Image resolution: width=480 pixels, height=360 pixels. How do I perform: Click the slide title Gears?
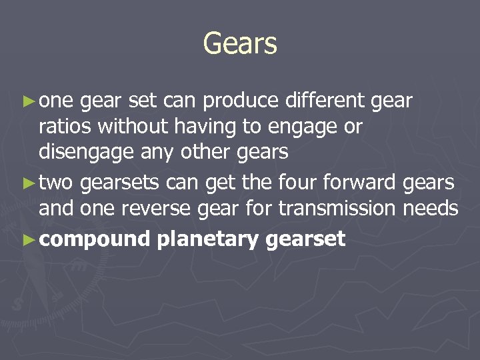coord(240,44)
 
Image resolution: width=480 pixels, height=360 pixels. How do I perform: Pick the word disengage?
coord(84,152)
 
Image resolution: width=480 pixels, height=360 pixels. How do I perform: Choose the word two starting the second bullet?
coord(57,182)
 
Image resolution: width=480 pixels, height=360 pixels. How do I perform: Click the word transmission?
coord(337,209)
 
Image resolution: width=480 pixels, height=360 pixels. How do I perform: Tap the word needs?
coord(431,209)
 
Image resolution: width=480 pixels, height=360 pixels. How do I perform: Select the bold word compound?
coord(95,239)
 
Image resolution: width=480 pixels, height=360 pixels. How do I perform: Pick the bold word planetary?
coord(207,239)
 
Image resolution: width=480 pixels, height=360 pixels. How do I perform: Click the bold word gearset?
coord(305,239)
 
